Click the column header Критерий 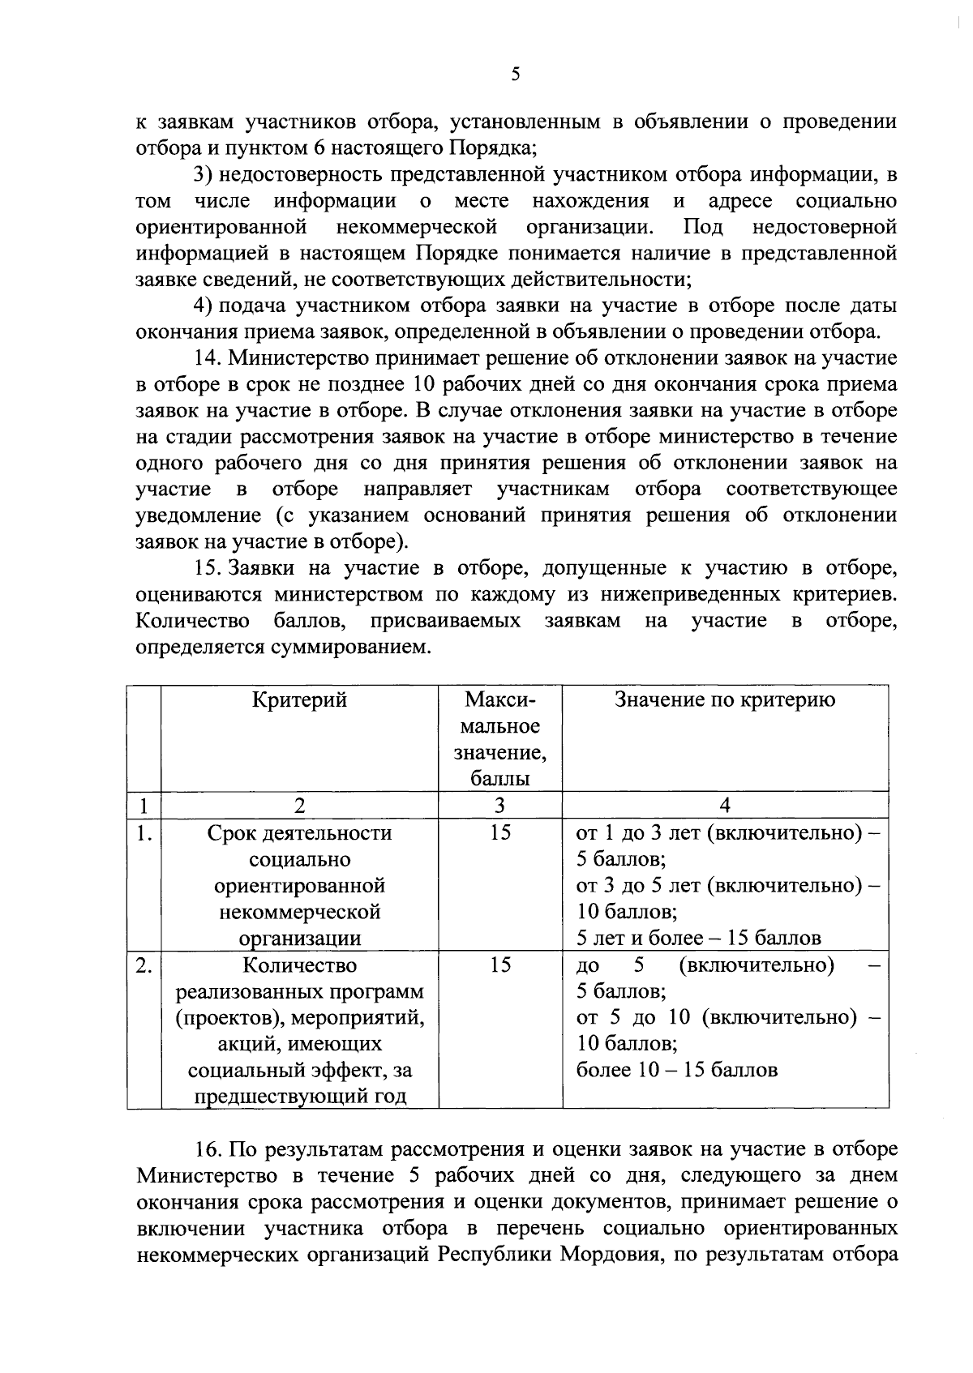click(x=299, y=700)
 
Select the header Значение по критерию click(x=725, y=700)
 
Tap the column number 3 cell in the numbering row click(x=499, y=806)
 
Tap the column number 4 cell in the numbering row click(x=725, y=806)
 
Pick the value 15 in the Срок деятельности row click(x=500, y=833)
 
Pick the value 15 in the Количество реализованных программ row click(x=500, y=965)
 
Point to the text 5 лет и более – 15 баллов click(x=698, y=939)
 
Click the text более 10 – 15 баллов click(x=676, y=1071)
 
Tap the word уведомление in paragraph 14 click(x=199, y=515)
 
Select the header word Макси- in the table click(x=500, y=700)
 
